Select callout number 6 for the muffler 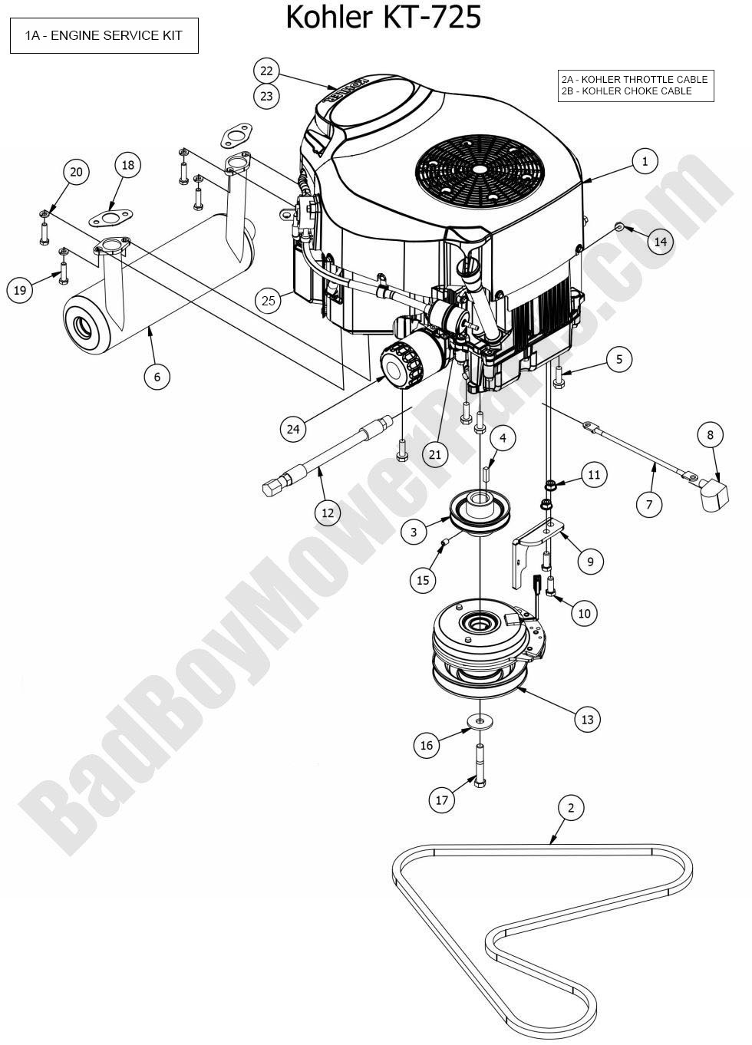tap(157, 376)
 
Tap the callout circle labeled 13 tap(587, 719)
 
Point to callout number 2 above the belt tap(571, 807)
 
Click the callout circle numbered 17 tap(442, 800)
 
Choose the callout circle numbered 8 tap(710, 435)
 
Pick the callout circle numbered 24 tap(293, 429)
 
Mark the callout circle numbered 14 tap(661, 242)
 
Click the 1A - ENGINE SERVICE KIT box tap(104, 36)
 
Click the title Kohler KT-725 tap(383, 17)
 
